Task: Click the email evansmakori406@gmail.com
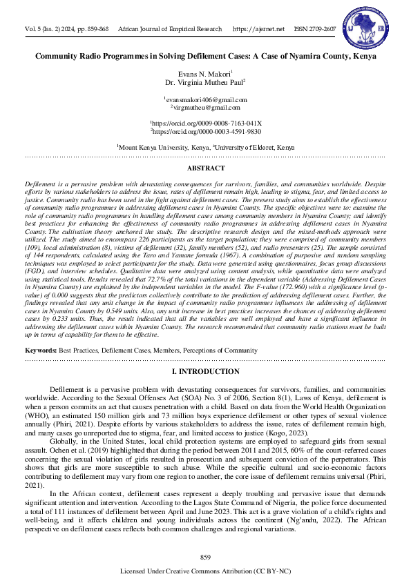click(x=205, y=100)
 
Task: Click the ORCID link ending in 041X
click(x=206, y=122)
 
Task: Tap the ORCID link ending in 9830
click(x=206, y=130)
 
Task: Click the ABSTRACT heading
click(x=205, y=168)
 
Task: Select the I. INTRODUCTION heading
click(x=205, y=372)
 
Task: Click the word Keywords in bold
click(x=41, y=351)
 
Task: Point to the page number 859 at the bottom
click(x=205, y=556)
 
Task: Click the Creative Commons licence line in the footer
click(x=205, y=571)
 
